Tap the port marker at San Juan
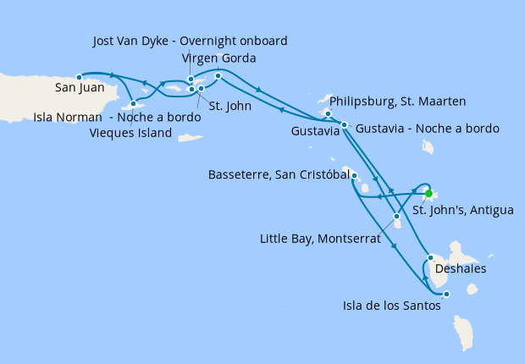pyautogui.click(x=79, y=76)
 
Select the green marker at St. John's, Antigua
pyautogui.click(x=428, y=192)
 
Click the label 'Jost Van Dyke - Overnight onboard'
pyautogui.click(x=190, y=41)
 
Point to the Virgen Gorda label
pyautogui.click(x=219, y=58)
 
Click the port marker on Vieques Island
pyautogui.click(x=134, y=104)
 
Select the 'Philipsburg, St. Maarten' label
pyautogui.click(x=396, y=102)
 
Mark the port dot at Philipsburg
pyautogui.click(x=328, y=113)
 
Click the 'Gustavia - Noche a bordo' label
pyautogui.click(x=428, y=129)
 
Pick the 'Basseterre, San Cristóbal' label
pyautogui.click(x=279, y=175)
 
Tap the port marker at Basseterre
pyautogui.click(x=354, y=176)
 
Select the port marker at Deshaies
pyautogui.click(x=431, y=257)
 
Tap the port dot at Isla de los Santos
pyautogui.click(x=446, y=294)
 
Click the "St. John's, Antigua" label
pyautogui.click(x=462, y=210)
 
